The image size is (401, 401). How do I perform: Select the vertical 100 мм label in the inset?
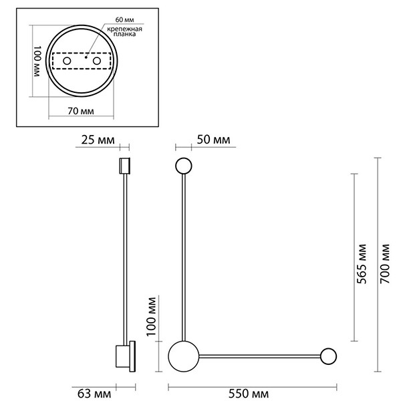click(x=38, y=63)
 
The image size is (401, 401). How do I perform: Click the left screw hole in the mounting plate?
click(x=66, y=61)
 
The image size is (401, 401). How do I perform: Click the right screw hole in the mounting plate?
click(x=98, y=61)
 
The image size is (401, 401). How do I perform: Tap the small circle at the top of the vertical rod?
click(x=183, y=166)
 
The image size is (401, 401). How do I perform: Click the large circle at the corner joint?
click(x=182, y=356)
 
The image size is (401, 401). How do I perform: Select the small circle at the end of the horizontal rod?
click(x=329, y=356)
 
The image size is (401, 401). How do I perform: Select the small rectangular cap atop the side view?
click(x=123, y=165)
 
